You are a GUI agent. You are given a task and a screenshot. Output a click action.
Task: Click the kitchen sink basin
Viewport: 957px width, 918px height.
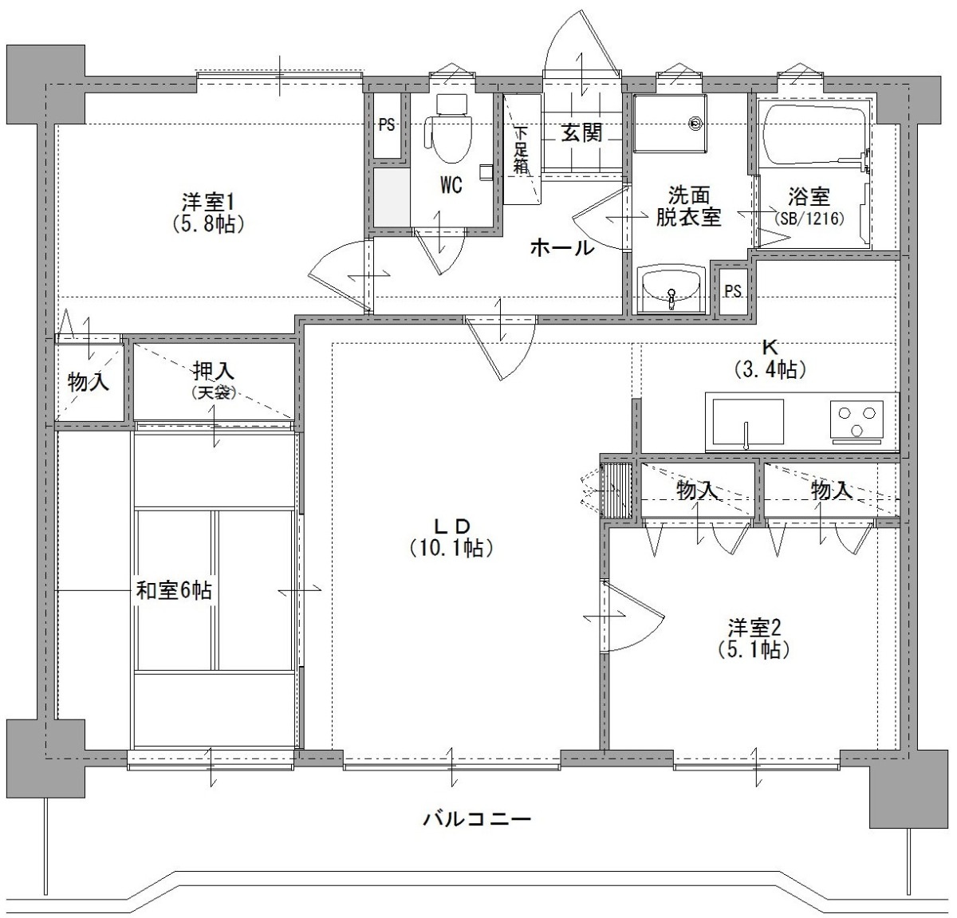tap(748, 421)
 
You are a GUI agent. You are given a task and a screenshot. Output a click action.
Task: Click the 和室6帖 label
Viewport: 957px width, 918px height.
tap(174, 590)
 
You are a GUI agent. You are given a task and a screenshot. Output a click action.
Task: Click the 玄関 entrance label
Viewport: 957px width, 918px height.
tap(581, 132)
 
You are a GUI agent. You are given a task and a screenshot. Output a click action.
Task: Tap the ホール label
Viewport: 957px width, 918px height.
tap(562, 248)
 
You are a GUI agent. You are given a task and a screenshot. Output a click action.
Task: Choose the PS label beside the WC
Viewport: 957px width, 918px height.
tap(387, 125)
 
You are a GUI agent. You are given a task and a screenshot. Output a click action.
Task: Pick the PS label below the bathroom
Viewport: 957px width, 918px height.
tap(733, 291)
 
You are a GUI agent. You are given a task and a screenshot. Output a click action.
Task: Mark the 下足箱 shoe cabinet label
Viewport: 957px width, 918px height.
tap(521, 150)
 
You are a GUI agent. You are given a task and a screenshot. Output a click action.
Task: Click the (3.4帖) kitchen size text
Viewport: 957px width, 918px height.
tap(770, 369)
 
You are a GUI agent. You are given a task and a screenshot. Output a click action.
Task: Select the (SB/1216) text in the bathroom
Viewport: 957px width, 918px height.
tap(809, 218)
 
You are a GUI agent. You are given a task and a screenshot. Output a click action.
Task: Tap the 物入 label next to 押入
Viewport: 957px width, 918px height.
tap(89, 381)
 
